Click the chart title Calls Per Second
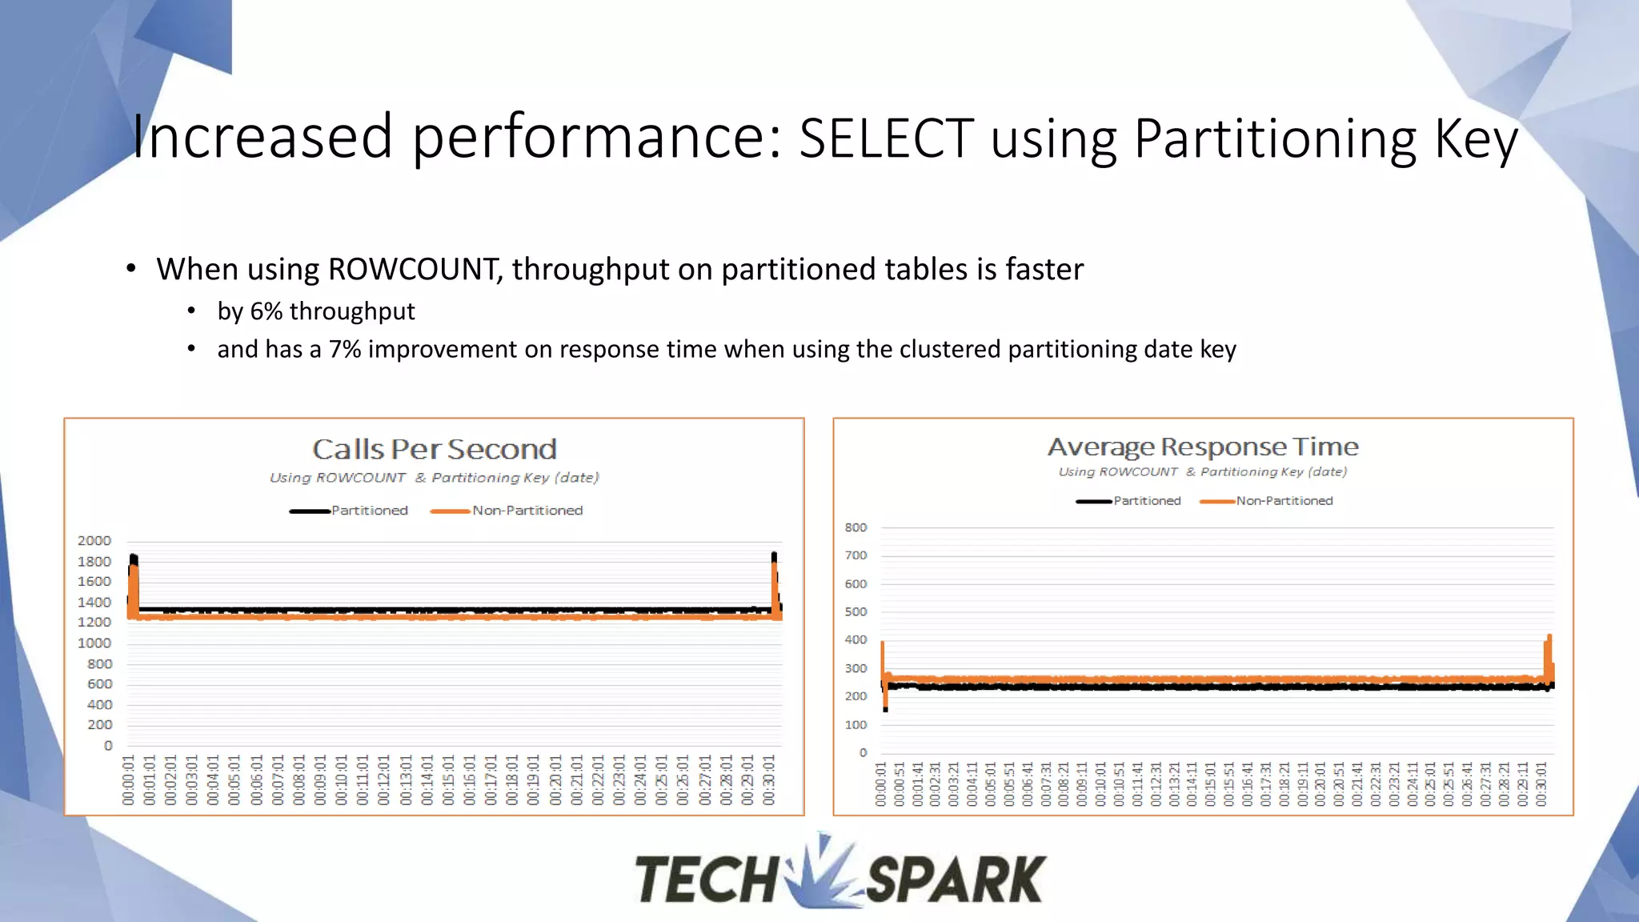click(434, 450)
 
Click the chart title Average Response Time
click(1203, 447)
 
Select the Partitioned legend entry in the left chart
click(369, 511)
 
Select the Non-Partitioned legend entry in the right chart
click(1284, 501)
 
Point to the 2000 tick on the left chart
click(94, 541)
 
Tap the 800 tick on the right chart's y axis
click(856, 527)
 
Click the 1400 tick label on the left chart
click(94, 602)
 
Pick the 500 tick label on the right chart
click(856, 611)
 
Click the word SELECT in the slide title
click(886, 138)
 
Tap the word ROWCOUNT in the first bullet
click(415, 270)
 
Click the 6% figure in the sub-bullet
click(266, 311)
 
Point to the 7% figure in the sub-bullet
click(344, 350)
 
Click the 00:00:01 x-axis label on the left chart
click(129, 780)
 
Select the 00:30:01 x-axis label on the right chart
click(1542, 784)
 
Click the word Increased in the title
click(262, 137)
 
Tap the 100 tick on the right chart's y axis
click(856, 725)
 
